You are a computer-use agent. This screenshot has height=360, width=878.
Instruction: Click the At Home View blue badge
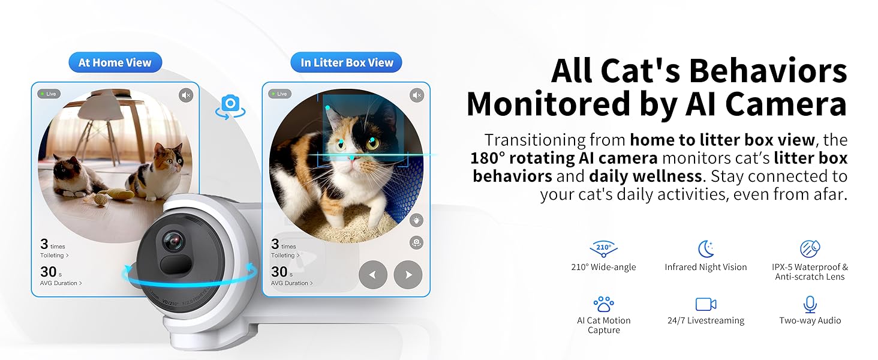point(115,62)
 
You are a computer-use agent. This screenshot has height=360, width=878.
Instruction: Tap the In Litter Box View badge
point(346,62)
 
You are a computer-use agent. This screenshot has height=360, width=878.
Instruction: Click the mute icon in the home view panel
point(186,95)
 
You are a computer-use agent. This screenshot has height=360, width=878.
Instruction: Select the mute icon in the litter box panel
point(417,95)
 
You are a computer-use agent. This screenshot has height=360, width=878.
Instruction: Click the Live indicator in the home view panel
point(49,94)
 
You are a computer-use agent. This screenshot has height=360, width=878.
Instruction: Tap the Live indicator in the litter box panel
point(280,94)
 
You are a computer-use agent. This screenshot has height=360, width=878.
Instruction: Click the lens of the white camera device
point(173,241)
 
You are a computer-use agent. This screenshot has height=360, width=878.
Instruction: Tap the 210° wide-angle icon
point(603,249)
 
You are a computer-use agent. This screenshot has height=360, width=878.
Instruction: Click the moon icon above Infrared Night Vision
point(705,248)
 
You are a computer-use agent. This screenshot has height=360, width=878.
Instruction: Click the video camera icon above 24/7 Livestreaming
point(705,304)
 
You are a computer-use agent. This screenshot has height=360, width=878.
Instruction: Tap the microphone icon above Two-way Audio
point(810,304)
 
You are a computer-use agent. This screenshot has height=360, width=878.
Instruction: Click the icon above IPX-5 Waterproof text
point(810,248)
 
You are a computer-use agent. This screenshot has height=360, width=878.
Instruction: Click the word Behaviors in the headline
point(768,71)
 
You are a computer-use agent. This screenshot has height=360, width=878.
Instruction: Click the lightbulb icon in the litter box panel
point(416,220)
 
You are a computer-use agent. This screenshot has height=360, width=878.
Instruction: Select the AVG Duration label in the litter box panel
point(291,283)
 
